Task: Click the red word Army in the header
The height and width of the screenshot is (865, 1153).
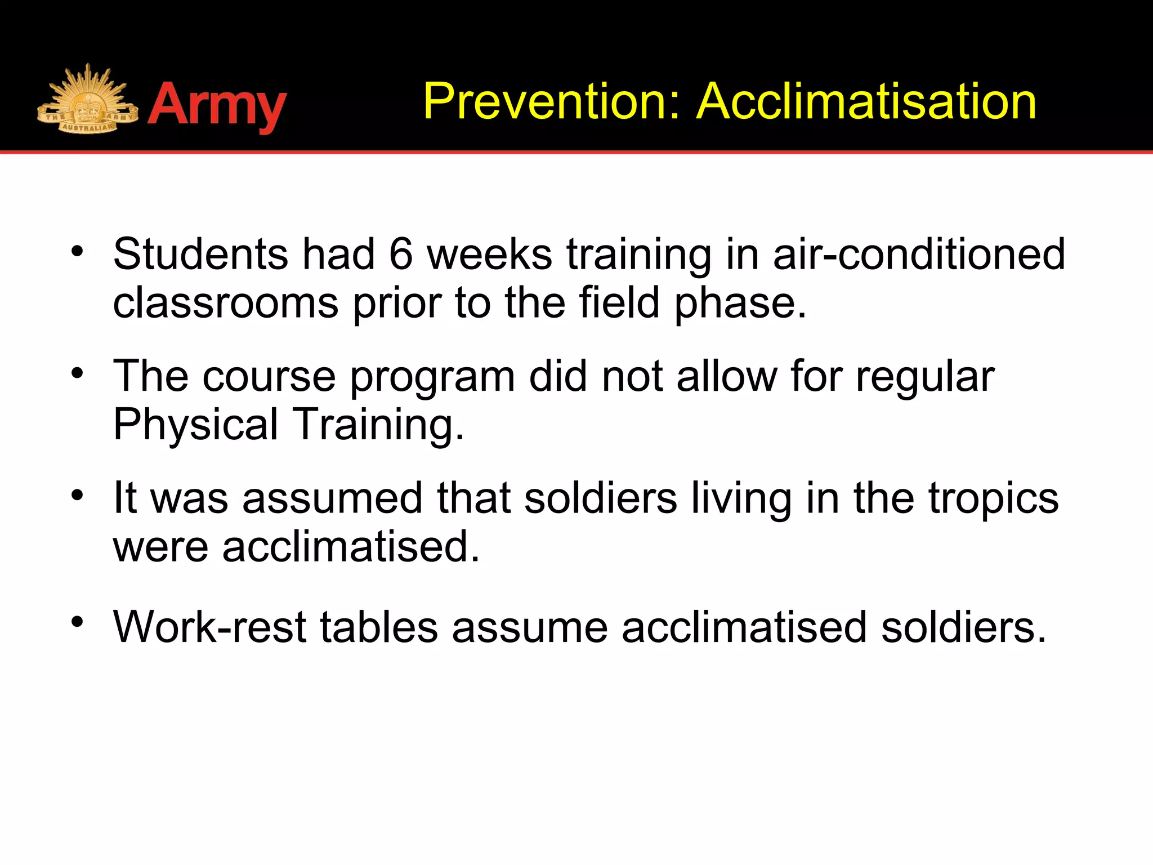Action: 217,105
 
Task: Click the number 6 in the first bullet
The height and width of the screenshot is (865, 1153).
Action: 401,255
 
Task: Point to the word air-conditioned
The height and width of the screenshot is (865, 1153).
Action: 919,255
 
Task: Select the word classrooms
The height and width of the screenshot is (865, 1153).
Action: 225,303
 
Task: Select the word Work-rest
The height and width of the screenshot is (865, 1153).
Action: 209,627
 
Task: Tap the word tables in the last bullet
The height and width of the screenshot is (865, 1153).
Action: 379,627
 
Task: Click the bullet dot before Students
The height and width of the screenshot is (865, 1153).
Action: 77,252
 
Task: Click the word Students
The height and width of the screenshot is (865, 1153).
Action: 200,255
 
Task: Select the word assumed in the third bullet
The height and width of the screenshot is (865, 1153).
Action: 332,498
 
